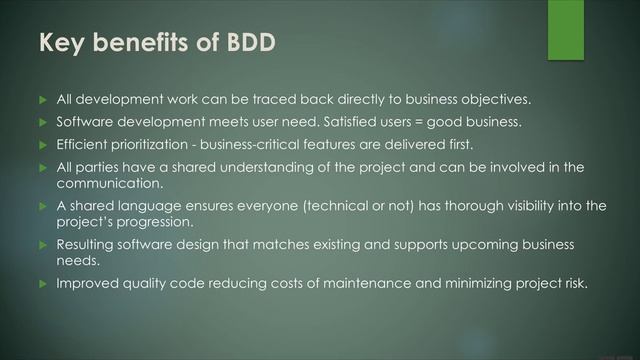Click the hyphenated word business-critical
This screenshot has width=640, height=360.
(x=277, y=144)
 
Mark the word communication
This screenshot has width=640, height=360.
(x=114, y=183)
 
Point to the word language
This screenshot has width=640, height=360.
(x=147, y=206)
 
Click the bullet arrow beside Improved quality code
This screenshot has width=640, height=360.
(x=42, y=284)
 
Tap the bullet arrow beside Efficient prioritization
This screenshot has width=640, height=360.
(x=42, y=144)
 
